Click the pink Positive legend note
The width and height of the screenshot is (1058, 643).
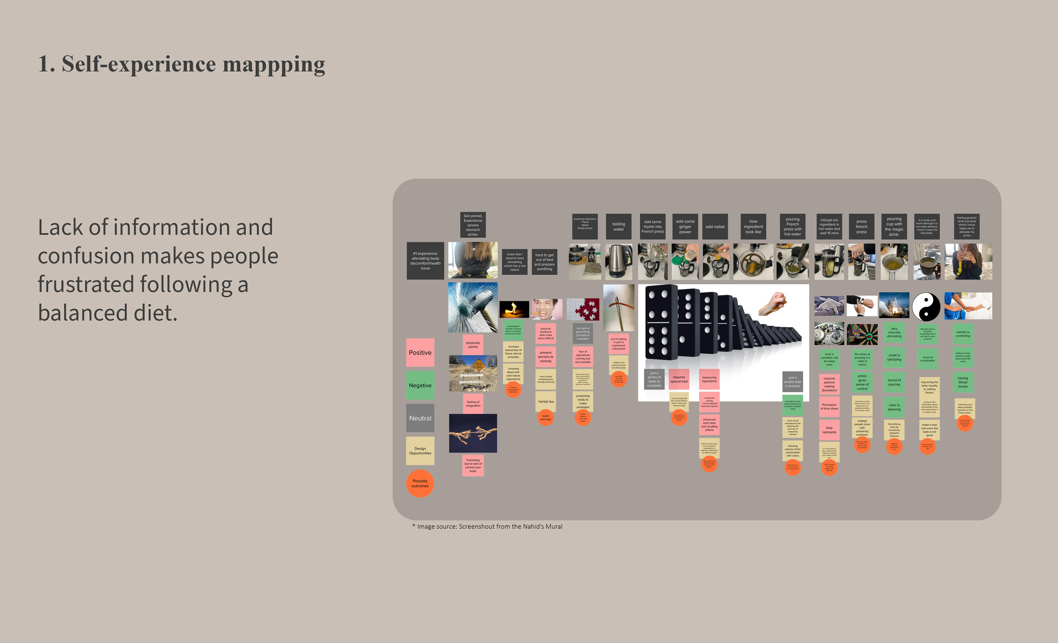420,352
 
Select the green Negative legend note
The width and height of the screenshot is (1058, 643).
420,385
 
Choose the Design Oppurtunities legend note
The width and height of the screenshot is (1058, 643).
420,451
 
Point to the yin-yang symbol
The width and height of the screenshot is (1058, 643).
926,306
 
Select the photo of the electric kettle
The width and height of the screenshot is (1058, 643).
618,261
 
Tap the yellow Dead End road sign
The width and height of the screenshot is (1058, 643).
479,365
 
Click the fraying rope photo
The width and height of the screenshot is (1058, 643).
473,433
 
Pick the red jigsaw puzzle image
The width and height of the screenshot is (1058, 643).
583,309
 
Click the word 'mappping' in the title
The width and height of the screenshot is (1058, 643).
274,64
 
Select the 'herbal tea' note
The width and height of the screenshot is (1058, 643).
546,402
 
